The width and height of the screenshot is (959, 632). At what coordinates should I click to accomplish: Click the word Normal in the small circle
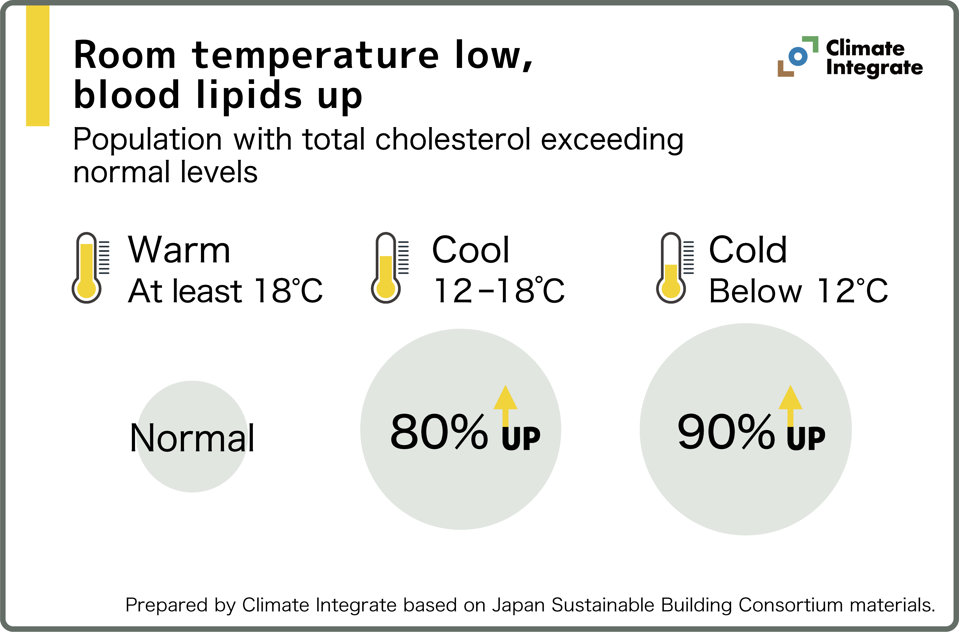[x=192, y=438]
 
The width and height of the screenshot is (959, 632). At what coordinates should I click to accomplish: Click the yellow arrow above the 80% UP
[x=505, y=405]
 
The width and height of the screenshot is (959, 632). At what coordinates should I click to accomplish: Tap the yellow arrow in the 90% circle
[x=790, y=405]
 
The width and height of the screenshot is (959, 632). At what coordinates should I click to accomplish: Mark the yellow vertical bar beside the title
[x=38, y=66]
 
